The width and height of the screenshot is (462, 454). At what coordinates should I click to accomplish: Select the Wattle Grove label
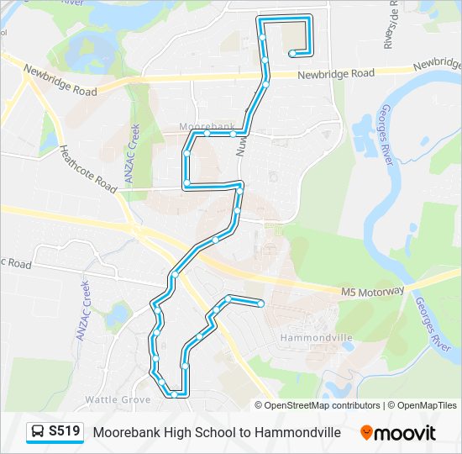pyautogui.click(x=118, y=399)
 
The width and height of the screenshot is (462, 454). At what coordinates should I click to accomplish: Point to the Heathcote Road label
pyautogui.click(x=87, y=169)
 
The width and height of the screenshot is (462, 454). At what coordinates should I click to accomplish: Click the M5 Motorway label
pyautogui.click(x=373, y=291)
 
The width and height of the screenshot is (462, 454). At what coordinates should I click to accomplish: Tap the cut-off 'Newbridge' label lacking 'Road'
pyautogui.click(x=438, y=64)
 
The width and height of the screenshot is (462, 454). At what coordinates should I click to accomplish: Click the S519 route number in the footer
pyautogui.click(x=65, y=431)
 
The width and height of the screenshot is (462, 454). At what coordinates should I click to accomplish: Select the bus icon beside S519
pyautogui.click(x=38, y=432)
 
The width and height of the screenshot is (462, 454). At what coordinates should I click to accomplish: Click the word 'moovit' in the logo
pyautogui.click(x=406, y=433)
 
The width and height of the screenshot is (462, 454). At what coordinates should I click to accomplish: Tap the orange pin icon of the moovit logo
pyautogui.click(x=366, y=432)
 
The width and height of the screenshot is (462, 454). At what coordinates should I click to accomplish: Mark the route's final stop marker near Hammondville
pyautogui.click(x=261, y=304)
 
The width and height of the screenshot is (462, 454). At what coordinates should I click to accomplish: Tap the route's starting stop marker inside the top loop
pyautogui.click(x=291, y=54)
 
